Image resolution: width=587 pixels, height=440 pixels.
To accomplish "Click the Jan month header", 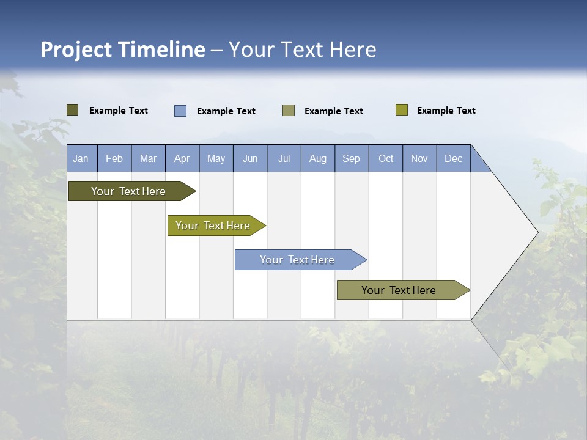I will tap(81, 158).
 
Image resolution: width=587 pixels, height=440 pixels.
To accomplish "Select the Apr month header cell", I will tap(182, 158).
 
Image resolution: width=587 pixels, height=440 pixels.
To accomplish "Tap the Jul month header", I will tap(284, 158).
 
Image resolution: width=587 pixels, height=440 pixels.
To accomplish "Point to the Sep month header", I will tap(352, 158).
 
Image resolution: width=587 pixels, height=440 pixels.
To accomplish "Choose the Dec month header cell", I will tap(453, 158).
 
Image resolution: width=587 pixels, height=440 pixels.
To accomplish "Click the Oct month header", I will tap(386, 158).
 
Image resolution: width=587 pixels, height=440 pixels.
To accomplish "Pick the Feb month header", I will tap(114, 158).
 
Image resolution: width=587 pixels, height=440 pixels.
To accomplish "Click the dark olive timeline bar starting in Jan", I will tap(129, 191).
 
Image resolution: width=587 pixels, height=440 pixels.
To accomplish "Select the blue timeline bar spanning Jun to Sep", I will tap(298, 260).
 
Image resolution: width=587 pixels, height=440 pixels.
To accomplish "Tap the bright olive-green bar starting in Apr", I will tap(213, 226).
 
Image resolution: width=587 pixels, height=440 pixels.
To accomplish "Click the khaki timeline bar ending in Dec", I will tap(399, 290).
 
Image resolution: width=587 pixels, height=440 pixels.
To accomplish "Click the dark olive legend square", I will tap(72, 110).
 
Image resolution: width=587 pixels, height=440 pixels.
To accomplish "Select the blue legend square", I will tap(180, 111).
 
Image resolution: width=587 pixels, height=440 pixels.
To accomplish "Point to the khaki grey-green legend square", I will tap(289, 111).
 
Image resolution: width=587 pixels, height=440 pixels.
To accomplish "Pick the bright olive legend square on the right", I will tap(401, 110).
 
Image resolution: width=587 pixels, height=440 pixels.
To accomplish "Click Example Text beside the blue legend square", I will tap(226, 111).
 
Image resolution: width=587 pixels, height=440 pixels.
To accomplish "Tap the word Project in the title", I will tap(76, 50).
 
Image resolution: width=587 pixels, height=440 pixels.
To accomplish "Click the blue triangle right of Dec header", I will tap(478, 163).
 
